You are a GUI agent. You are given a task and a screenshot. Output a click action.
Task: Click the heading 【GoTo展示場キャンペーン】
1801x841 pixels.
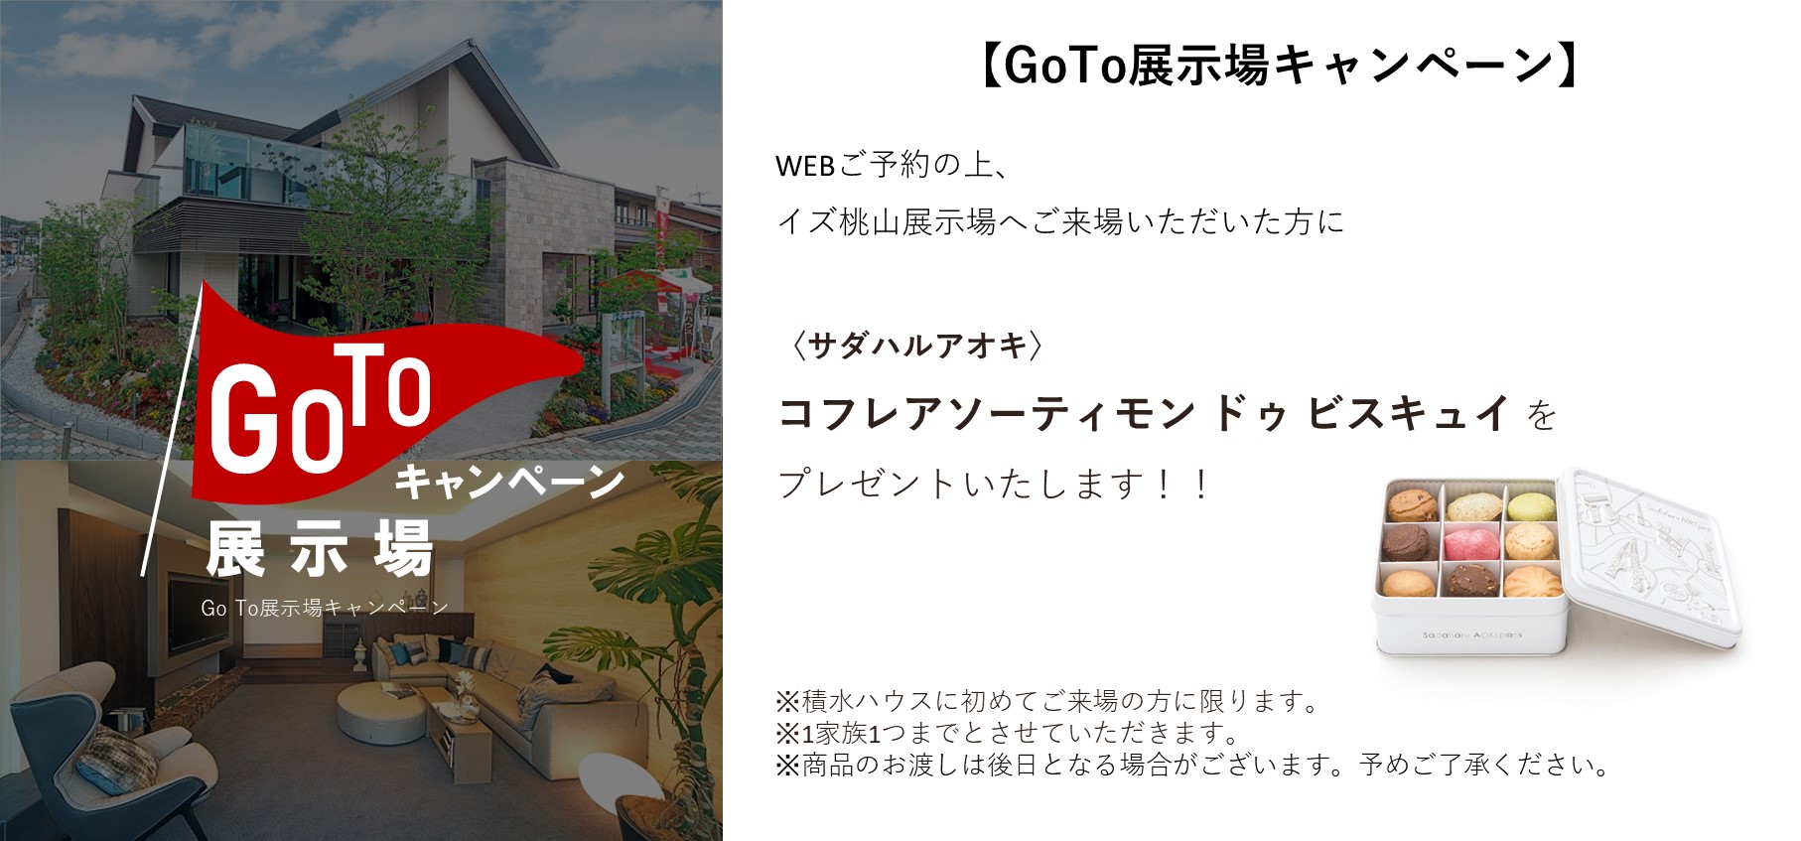[x=1279, y=67]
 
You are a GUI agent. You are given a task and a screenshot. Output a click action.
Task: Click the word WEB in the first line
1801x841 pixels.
[x=804, y=166]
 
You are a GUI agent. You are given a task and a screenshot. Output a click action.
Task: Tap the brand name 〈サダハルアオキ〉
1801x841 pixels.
[x=916, y=346]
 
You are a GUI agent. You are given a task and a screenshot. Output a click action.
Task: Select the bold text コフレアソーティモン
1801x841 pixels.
[x=986, y=412]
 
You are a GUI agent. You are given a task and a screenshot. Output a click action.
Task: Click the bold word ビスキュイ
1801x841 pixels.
[x=1409, y=412]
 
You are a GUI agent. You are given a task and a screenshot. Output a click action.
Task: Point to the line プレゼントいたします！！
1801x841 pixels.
[x=994, y=485]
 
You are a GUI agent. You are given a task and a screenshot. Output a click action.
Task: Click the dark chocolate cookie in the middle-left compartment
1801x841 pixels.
[x=1408, y=542]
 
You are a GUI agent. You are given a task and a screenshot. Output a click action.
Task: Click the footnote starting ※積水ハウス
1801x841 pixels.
[x=1048, y=701]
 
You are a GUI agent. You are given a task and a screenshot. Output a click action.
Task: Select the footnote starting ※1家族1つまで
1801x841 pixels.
[x=1009, y=733]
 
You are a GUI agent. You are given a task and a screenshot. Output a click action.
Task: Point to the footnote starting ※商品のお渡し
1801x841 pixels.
[x=1192, y=765]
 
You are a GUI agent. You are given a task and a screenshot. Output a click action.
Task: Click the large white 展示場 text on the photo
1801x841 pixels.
[x=320, y=547]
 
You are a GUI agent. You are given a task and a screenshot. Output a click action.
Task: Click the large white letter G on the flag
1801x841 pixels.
[x=243, y=416]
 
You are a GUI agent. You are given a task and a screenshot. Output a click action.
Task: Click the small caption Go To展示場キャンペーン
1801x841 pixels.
[x=325, y=608]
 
